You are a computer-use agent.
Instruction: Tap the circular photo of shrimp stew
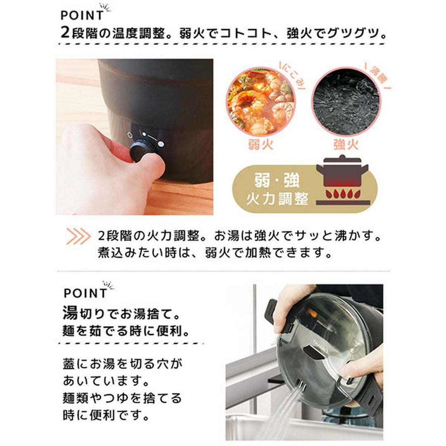261,102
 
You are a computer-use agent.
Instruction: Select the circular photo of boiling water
346,102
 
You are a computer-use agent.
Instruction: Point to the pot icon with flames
343,180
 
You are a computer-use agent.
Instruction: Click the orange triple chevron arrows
78,236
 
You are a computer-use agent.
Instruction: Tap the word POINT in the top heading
82,15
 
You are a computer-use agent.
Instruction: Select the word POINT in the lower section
85,293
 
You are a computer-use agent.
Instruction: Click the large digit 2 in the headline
65,33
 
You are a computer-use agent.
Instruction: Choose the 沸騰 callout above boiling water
378,76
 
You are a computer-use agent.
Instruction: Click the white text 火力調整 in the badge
278,199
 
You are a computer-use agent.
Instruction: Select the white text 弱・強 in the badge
277,180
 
